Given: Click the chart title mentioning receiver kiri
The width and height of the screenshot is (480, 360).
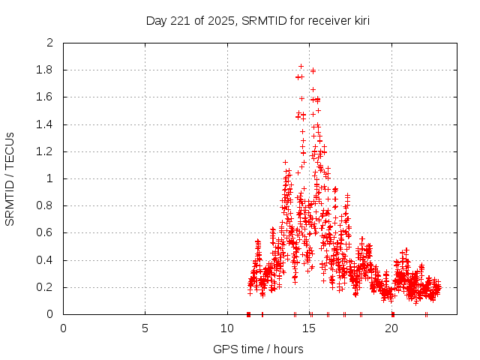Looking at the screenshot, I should click(x=258, y=20).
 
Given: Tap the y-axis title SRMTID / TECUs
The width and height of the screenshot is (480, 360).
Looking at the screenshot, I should click(x=10, y=178).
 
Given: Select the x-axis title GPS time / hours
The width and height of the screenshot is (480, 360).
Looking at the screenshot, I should click(x=258, y=349).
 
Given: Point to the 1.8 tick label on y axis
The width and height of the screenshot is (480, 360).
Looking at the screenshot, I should click(x=46, y=70).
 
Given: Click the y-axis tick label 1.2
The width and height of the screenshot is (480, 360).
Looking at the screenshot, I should click(x=46, y=151).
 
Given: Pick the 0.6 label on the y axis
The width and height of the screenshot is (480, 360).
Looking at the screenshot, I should click(x=46, y=233).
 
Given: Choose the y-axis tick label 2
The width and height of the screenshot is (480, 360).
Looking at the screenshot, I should click(x=50, y=43).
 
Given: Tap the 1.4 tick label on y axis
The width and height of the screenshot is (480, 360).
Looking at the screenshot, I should click(x=46, y=124).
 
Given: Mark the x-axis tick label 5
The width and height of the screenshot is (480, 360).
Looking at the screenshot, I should click(x=145, y=328).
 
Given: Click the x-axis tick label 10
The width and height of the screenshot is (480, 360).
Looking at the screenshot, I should click(x=227, y=328).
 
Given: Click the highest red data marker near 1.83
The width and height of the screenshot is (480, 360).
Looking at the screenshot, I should click(x=301, y=66).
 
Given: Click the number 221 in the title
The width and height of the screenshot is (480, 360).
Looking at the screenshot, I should click(x=177, y=20).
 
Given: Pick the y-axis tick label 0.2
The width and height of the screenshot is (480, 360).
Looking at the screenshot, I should click(x=46, y=287).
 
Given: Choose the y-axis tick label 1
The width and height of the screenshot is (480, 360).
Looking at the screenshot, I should click(x=50, y=178).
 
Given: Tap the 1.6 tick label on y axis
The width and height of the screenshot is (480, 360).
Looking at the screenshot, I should click(x=46, y=97).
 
